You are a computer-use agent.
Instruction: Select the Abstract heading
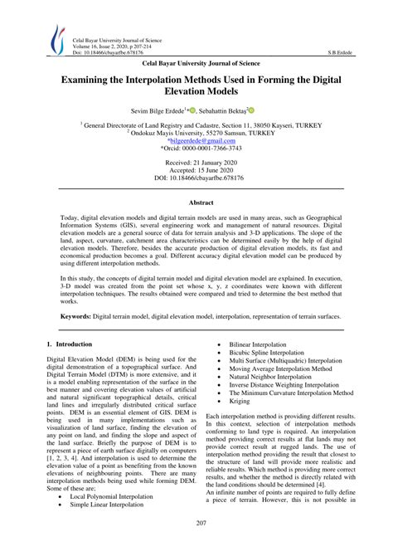point(196,202)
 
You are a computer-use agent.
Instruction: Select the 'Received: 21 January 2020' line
point(196,164)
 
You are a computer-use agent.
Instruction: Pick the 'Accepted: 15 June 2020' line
point(196,173)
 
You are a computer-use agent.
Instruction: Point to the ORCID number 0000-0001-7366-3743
point(199,149)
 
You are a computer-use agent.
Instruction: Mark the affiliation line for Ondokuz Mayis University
point(196,131)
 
